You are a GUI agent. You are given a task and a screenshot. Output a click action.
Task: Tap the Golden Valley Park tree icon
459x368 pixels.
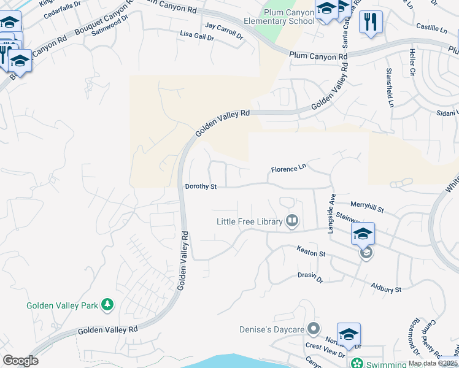[x=107, y=305]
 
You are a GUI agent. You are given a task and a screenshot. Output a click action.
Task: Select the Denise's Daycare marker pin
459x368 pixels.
[x=314, y=329]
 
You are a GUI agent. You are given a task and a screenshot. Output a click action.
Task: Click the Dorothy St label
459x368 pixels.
[x=201, y=186]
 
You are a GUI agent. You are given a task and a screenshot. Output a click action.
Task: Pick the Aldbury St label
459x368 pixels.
[x=386, y=288]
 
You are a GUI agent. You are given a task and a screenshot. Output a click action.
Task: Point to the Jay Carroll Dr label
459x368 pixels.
[x=224, y=31]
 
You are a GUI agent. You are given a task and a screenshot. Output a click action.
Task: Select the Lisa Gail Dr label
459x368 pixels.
[x=197, y=37]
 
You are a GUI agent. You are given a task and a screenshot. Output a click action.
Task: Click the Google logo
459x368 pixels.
[x=20, y=361]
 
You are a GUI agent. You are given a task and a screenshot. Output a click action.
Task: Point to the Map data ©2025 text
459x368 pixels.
[x=433, y=363]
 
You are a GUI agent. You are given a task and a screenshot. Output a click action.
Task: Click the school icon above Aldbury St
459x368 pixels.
[x=363, y=234]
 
